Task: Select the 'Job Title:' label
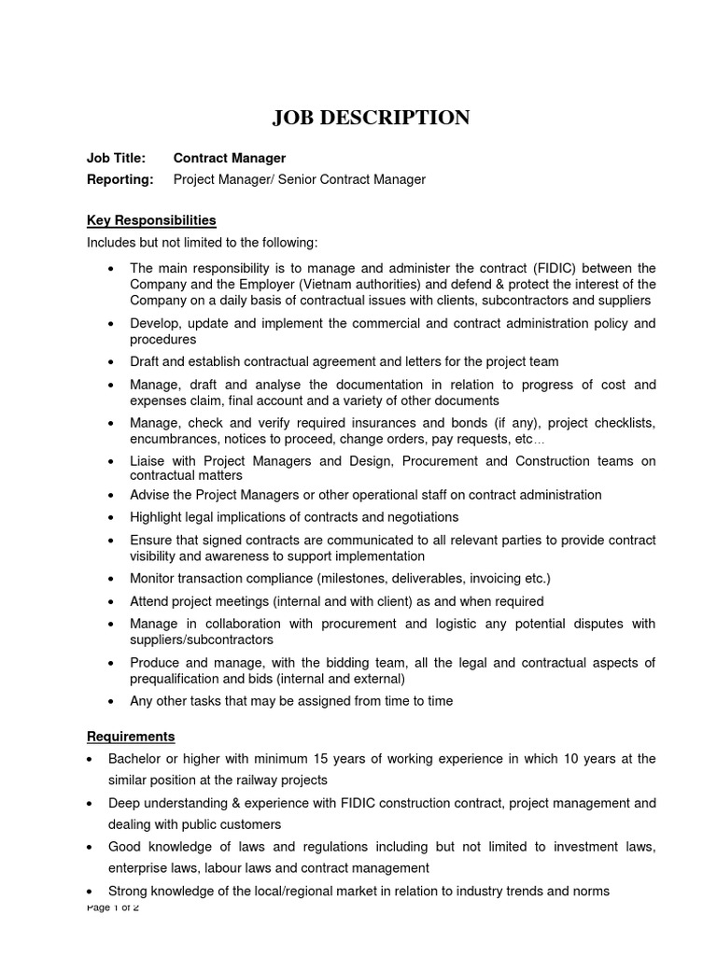tap(117, 159)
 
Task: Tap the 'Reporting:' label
tap(120, 179)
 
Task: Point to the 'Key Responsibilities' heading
tap(151, 220)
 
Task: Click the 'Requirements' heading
tap(131, 737)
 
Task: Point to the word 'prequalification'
tap(179, 679)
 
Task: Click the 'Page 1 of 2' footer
tap(112, 907)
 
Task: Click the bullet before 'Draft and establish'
tap(111, 362)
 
